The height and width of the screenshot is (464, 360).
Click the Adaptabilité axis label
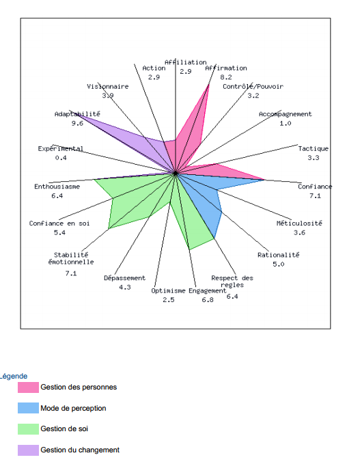(x=77, y=114)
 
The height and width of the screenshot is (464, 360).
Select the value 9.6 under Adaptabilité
(x=77, y=123)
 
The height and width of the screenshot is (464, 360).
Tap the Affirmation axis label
(x=226, y=68)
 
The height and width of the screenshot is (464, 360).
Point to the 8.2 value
(x=226, y=77)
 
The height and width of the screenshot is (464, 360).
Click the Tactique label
(x=314, y=148)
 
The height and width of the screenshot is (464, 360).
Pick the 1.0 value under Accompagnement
(x=286, y=123)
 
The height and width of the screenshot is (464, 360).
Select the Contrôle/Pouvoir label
(x=253, y=86)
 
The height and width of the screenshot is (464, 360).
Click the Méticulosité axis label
(x=299, y=223)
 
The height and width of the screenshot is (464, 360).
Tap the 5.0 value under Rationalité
(x=278, y=264)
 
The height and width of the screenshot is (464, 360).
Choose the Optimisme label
(x=168, y=290)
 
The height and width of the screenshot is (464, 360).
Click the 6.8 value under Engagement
(x=208, y=300)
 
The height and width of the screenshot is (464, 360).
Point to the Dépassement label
(x=124, y=278)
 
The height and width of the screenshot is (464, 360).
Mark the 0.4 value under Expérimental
(x=61, y=158)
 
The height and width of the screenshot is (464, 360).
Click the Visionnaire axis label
(x=108, y=86)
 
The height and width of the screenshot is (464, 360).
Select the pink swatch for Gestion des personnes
(x=28, y=387)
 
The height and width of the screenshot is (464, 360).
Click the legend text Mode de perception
(x=73, y=408)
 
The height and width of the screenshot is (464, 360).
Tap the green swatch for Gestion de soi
(x=28, y=429)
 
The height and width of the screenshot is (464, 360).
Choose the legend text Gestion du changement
(x=80, y=450)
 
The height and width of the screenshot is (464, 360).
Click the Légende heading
(x=14, y=376)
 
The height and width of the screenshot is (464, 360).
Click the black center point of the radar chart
(x=176, y=173)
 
